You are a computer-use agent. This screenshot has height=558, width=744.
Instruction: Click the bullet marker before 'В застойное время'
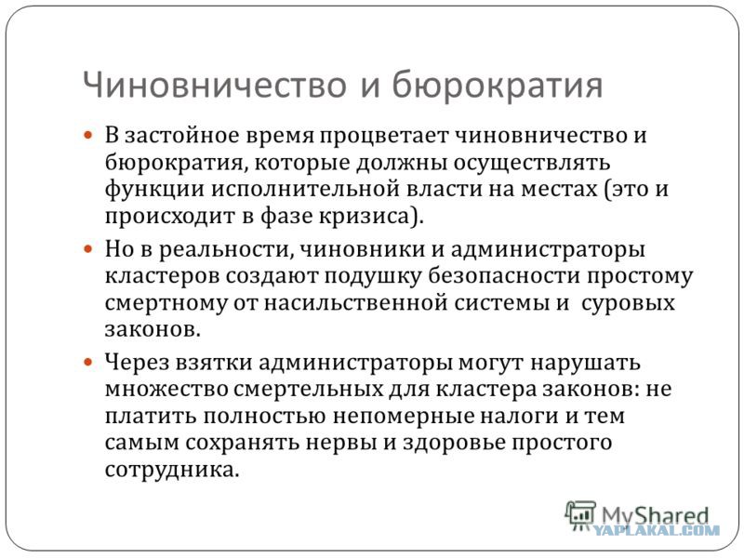(x=89, y=135)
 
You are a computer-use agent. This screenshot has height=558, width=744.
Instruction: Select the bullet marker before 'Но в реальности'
(x=89, y=251)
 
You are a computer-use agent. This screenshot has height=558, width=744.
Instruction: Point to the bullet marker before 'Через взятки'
(x=89, y=364)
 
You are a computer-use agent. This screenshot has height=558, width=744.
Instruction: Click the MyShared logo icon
(x=579, y=516)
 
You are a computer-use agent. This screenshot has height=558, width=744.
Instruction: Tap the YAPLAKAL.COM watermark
(x=657, y=531)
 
